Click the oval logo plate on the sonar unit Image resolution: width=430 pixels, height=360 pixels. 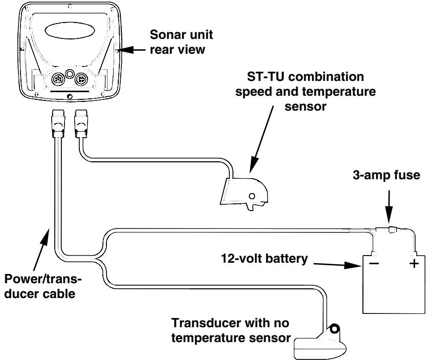[x=70, y=30]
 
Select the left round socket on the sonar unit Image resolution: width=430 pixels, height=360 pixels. [x=58, y=79]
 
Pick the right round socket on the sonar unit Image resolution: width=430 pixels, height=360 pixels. [x=81, y=79]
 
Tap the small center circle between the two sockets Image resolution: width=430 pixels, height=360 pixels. [x=70, y=74]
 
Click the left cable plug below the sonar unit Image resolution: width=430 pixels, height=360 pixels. [x=58, y=123]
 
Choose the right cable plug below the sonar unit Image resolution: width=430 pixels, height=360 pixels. [x=81, y=123]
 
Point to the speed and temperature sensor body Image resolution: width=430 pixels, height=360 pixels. [x=244, y=194]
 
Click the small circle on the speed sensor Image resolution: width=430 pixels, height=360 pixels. [x=251, y=196]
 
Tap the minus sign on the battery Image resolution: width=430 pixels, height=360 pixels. [x=374, y=264]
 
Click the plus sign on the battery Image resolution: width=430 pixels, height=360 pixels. [x=414, y=264]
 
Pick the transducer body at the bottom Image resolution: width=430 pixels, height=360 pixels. [x=320, y=345]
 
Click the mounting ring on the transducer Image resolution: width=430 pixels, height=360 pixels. [x=334, y=329]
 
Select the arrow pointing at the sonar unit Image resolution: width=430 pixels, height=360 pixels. [x=132, y=50]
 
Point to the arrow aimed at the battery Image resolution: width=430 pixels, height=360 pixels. [x=338, y=265]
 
